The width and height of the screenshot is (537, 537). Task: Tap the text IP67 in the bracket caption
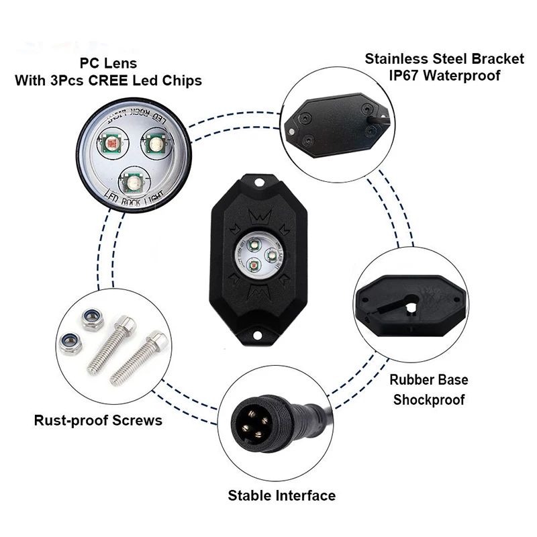(404, 75)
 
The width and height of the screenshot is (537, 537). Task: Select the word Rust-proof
(71, 421)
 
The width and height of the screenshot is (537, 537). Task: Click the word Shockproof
(429, 400)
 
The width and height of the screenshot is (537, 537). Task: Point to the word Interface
(305, 495)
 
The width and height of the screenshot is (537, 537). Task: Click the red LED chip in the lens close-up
(111, 142)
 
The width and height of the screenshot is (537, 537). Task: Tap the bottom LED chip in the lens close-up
(131, 181)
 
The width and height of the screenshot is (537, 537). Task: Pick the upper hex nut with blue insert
(92, 319)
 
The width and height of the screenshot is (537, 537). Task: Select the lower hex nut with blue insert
(70, 344)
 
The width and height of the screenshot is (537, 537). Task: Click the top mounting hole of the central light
(259, 182)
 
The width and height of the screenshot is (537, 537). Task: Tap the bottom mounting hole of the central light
(257, 335)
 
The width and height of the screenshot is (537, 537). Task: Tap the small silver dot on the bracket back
(291, 132)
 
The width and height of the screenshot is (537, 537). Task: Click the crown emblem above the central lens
(260, 217)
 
